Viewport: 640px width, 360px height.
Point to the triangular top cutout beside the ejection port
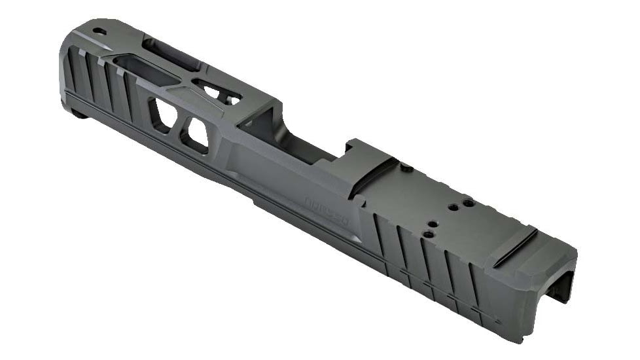216,92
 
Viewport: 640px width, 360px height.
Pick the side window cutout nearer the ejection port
196,135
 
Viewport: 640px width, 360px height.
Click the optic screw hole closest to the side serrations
429,233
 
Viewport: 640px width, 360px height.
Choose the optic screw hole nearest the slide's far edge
469,203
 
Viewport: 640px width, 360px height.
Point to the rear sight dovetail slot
514,247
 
